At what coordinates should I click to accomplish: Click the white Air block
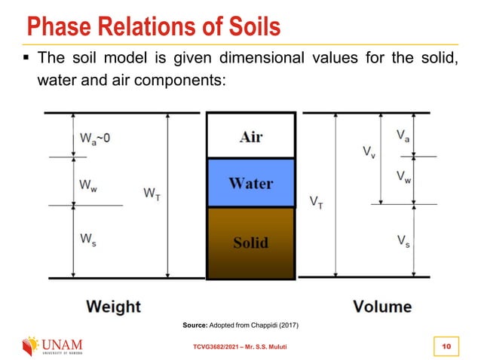click(x=250, y=136)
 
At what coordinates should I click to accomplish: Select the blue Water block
click(x=250, y=183)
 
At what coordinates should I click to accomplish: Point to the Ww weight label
click(x=88, y=186)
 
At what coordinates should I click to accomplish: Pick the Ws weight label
click(x=87, y=239)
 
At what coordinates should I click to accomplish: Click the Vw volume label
click(x=404, y=177)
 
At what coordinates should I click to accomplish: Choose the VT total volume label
click(x=318, y=202)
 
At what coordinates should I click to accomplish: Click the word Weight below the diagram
click(x=113, y=306)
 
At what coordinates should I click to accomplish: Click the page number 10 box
click(x=446, y=345)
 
